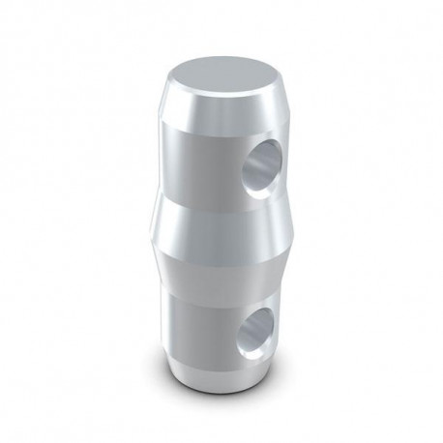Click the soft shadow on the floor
pos(290,392)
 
